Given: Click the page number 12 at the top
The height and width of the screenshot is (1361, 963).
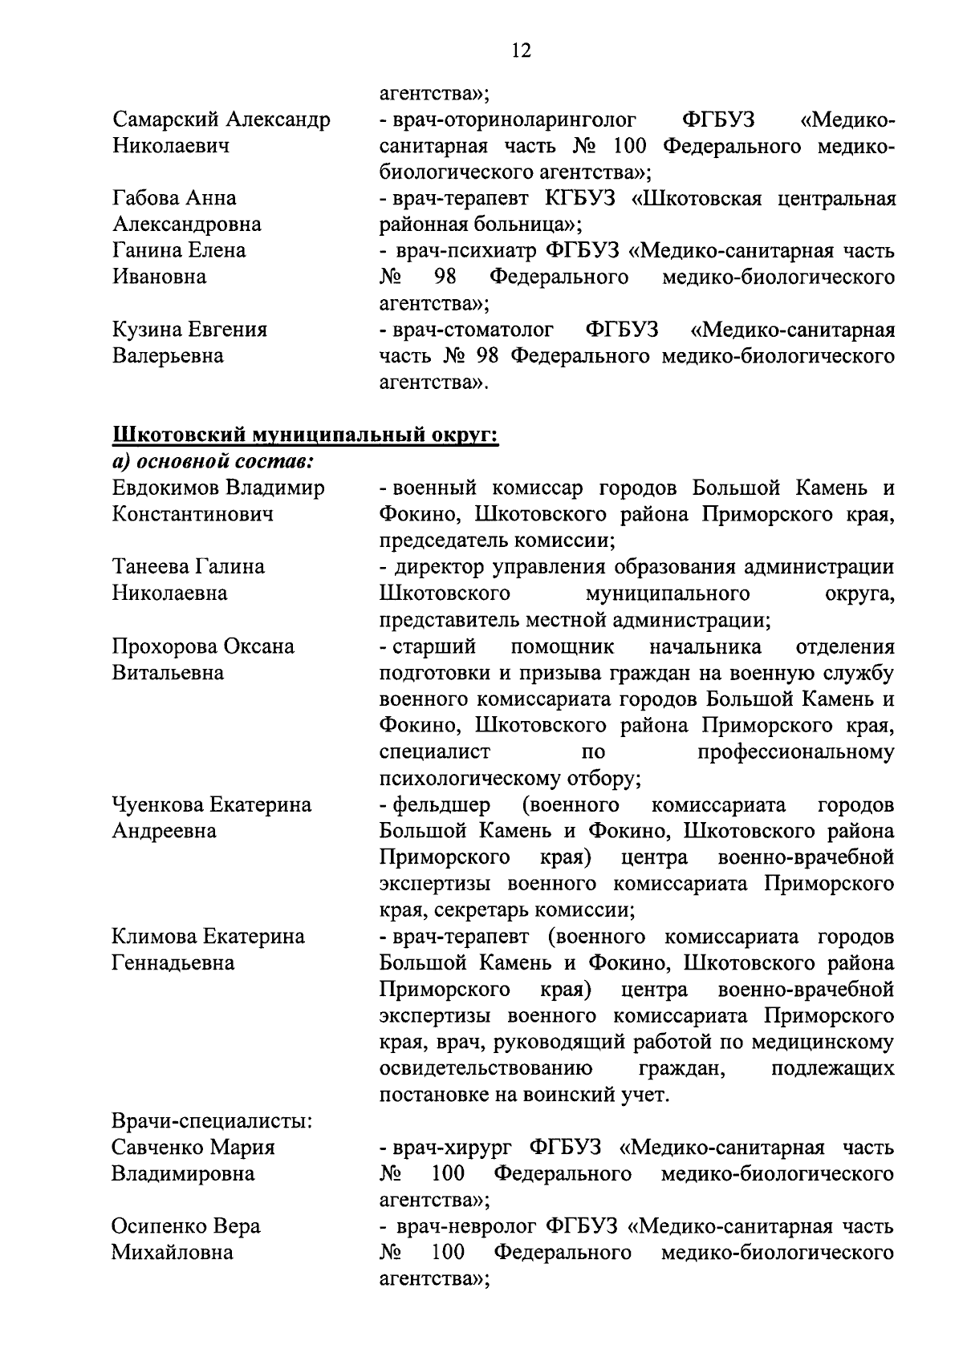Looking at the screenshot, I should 520,51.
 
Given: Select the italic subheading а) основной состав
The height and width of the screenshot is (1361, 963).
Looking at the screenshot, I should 213,461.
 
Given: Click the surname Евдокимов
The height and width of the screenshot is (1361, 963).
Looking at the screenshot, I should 166,488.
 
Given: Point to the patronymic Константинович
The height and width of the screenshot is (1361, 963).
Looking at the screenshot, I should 193,514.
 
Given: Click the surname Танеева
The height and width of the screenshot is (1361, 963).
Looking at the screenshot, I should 150,567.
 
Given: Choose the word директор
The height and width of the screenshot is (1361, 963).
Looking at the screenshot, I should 438,567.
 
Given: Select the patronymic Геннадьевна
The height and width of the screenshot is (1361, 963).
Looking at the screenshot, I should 173,962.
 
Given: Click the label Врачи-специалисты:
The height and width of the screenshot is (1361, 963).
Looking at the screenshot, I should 212,1121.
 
